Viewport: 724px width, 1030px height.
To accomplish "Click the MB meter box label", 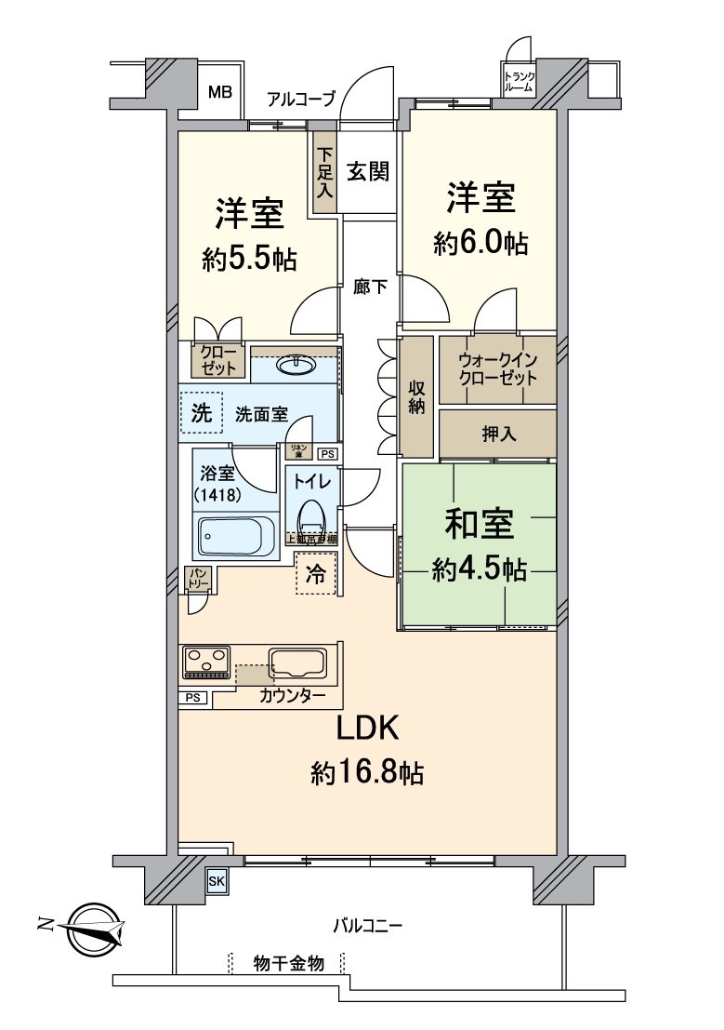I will pos(219,92).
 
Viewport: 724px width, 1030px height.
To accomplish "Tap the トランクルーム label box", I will pos(519,81).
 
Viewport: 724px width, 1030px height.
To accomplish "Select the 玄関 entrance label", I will pos(368,172).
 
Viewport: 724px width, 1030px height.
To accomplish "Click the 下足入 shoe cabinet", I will pos(324,175).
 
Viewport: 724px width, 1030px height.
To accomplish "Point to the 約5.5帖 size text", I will pos(249,259).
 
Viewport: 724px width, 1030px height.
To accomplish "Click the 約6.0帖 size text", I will pos(480,243).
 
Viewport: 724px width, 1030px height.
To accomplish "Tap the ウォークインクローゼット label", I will pos(497,369).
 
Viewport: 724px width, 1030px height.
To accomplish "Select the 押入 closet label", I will pos(497,434).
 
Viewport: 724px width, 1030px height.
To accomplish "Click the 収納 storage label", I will pos(416,397).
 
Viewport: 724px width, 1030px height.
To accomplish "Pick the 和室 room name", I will pos(479,526).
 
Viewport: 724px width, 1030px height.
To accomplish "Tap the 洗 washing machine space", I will pos(202,413).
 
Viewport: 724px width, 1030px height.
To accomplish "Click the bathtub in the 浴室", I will pos(237,537).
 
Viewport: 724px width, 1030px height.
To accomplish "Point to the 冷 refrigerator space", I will pos(316,574).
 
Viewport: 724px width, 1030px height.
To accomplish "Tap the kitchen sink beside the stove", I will pos(297,663).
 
